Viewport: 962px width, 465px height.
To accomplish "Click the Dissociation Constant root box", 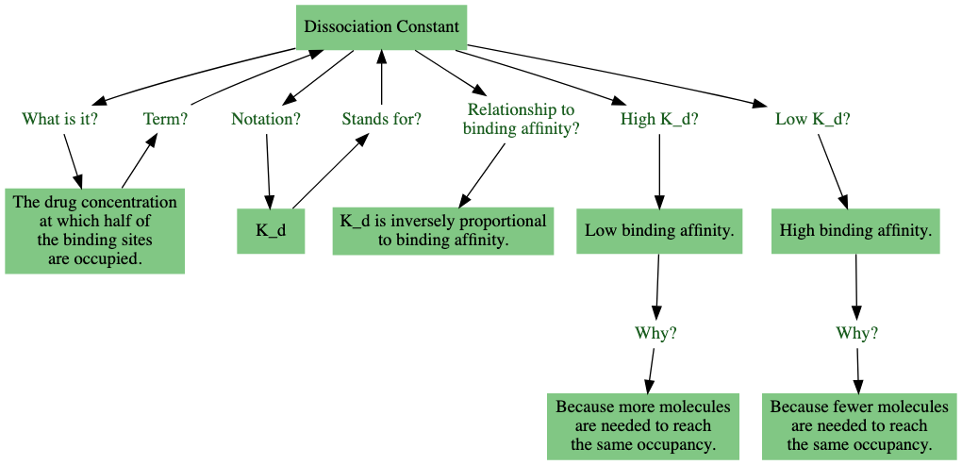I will point(381,26).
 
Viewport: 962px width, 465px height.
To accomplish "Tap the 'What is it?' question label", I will point(60,119).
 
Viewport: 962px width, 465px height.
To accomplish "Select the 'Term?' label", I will point(165,119).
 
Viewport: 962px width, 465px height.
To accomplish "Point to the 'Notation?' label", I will point(266,119).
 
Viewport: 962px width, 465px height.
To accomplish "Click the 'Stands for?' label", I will point(381,119).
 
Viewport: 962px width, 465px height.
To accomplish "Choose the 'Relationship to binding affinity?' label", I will point(521,120).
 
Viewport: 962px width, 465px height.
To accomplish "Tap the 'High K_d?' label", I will point(659,119).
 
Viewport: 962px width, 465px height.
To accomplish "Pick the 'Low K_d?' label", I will point(812,119).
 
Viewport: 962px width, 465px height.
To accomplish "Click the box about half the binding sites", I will point(94,231).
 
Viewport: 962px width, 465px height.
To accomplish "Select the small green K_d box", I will point(271,231).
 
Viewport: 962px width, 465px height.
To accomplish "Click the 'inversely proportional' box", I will point(442,231).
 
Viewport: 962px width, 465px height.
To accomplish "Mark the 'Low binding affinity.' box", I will point(659,231).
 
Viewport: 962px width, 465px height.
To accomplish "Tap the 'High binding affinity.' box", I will point(855,231).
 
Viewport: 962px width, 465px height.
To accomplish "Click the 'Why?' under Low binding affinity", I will point(656,333).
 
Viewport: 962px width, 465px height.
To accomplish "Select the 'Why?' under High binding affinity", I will point(857,333).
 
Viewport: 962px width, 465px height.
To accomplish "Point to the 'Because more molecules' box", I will point(643,425).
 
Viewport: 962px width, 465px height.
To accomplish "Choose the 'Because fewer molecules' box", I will point(859,425).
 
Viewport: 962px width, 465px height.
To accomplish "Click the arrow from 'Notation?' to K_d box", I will point(269,170).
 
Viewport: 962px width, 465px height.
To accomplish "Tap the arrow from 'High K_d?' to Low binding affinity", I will point(659,170).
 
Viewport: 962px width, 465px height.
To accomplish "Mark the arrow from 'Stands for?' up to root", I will point(381,80).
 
